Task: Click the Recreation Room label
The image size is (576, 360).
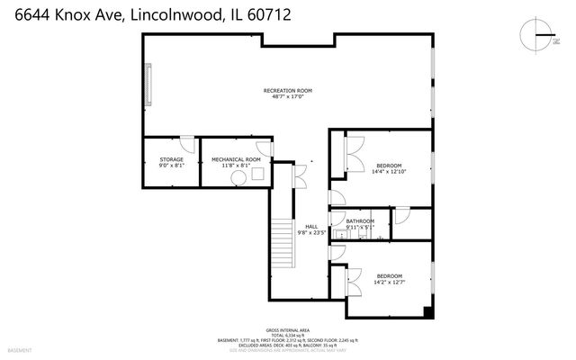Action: [x=287, y=91]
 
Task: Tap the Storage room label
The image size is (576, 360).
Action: [x=171, y=159]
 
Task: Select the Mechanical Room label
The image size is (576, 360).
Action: [x=236, y=159]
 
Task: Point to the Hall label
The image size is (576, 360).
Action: [x=311, y=226]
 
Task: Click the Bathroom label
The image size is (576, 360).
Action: [x=360, y=221]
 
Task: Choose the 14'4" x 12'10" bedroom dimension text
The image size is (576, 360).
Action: [x=389, y=172]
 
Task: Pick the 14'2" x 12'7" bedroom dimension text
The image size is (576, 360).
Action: [x=389, y=283]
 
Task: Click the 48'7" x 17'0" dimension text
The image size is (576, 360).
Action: [x=287, y=98]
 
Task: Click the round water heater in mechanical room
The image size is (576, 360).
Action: [x=238, y=178]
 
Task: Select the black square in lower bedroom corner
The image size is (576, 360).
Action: [x=427, y=313]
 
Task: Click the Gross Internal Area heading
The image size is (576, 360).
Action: [x=287, y=330]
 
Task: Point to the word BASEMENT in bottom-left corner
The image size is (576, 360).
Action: [x=19, y=349]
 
